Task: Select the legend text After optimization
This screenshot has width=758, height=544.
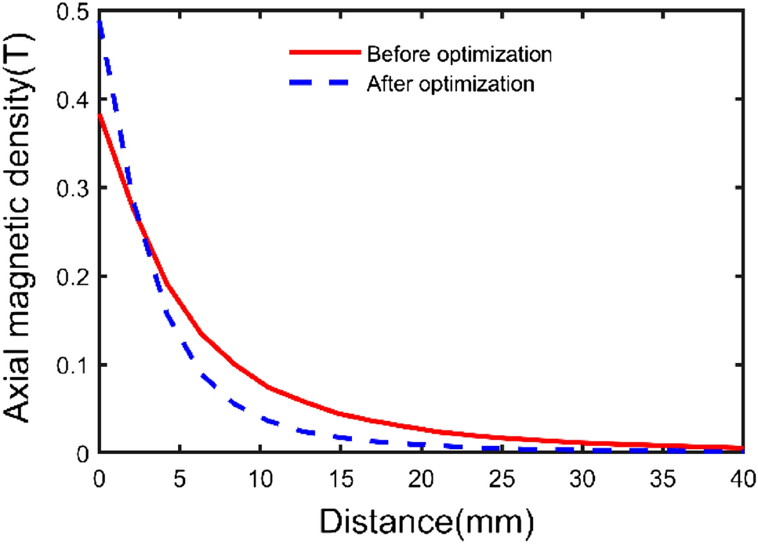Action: (450, 84)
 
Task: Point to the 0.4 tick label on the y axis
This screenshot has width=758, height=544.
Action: (68, 100)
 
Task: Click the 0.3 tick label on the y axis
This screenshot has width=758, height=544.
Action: (68, 189)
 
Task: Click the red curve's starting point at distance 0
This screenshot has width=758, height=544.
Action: (99, 115)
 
